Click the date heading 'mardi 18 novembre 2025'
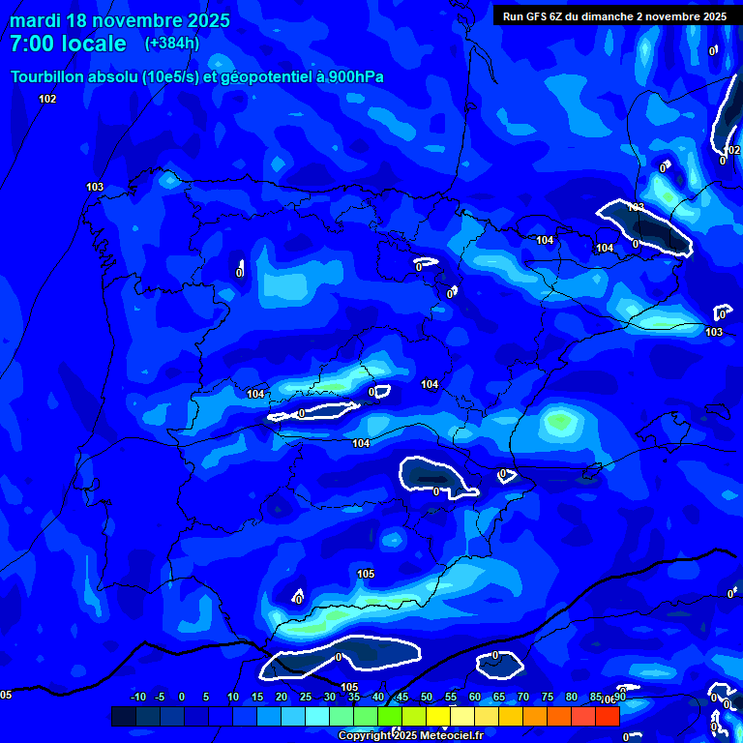pos(120,20)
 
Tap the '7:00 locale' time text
pos(68,44)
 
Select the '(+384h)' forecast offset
pos(173,44)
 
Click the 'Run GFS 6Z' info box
pos(614,15)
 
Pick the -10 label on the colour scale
pos(137,697)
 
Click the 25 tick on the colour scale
pos(305,697)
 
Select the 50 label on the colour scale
pos(427,697)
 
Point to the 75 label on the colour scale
pos(548,697)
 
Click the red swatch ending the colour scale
pos(607,716)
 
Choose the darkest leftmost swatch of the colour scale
pos(123,716)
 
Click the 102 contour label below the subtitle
pos(47,99)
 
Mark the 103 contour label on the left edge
pos(95,187)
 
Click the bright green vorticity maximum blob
pos(559,421)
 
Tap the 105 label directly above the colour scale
pos(349,687)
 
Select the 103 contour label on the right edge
pos(714,332)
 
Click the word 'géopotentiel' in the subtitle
pos(266,77)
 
